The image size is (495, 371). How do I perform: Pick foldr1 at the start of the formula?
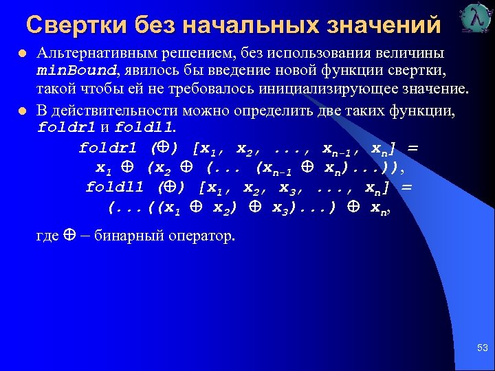click(x=109, y=148)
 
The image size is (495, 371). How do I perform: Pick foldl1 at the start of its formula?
click(x=115, y=187)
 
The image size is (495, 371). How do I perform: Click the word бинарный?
click(x=124, y=236)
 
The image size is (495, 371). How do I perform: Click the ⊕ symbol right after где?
click(x=69, y=236)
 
